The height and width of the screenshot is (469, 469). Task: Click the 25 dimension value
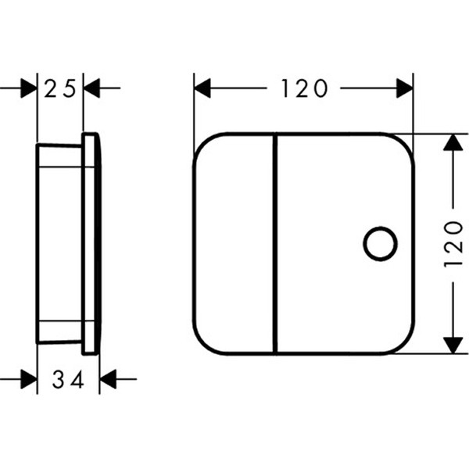coord(60,89)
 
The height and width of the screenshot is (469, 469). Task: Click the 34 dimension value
coord(67,380)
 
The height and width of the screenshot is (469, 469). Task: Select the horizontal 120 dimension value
coord(304,88)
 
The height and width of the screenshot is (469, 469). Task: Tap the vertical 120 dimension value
coord(453,245)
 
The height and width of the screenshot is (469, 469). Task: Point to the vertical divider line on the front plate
coord(275,244)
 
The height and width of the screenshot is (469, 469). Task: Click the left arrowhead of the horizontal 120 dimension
coord(202,88)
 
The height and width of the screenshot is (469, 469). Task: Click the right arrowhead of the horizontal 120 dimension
coord(405,88)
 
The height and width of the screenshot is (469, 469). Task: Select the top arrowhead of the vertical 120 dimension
coord(453,142)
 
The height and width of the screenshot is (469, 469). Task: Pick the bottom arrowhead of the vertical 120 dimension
coord(453,345)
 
